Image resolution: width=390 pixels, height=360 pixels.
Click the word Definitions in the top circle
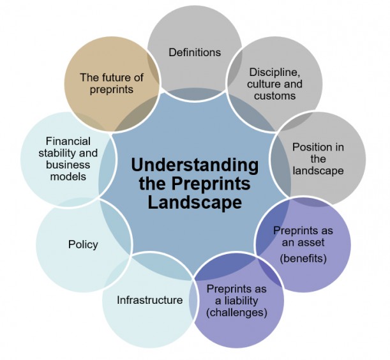pyautogui.click(x=195, y=52)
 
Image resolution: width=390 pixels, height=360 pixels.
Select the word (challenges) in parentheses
pyautogui.click(x=236, y=313)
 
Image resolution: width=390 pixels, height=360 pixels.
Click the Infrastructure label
pyautogui.click(x=149, y=299)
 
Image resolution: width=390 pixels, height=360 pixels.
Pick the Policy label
pyautogui.click(x=83, y=244)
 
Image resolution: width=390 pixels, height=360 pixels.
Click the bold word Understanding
pyautogui.click(x=195, y=165)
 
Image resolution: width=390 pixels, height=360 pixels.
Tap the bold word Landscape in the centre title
pyautogui.click(x=195, y=202)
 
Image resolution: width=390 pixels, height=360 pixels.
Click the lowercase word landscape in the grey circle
pyautogui.click(x=318, y=171)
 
